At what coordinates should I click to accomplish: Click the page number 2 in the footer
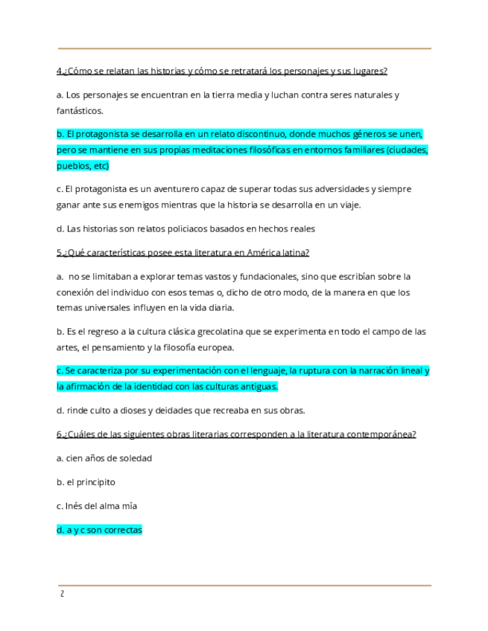coord(62,594)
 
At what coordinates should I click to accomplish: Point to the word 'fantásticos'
coord(80,111)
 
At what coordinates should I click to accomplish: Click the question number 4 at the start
coord(59,71)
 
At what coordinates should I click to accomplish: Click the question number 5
coord(59,253)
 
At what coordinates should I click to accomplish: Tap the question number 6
coord(59,435)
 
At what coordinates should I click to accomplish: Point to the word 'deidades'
coord(178,411)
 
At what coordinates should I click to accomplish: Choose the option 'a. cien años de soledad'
coord(104,458)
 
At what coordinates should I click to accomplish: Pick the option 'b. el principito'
coord(86,482)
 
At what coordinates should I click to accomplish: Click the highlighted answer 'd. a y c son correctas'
coord(99,531)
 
